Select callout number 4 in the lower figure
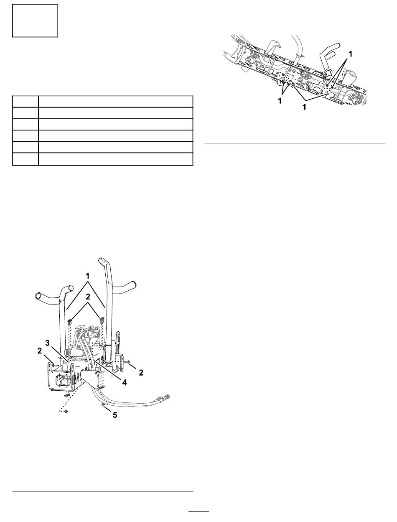click(x=124, y=382)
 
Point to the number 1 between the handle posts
click(x=87, y=276)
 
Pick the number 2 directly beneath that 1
click(x=87, y=297)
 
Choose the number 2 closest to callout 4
click(x=141, y=372)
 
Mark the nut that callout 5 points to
click(x=103, y=405)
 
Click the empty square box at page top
click(x=34, y=20)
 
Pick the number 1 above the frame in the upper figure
click(x=351, y=54)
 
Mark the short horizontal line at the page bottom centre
click(x=198, y=511)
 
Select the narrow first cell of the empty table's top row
click(x=25, y=102)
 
